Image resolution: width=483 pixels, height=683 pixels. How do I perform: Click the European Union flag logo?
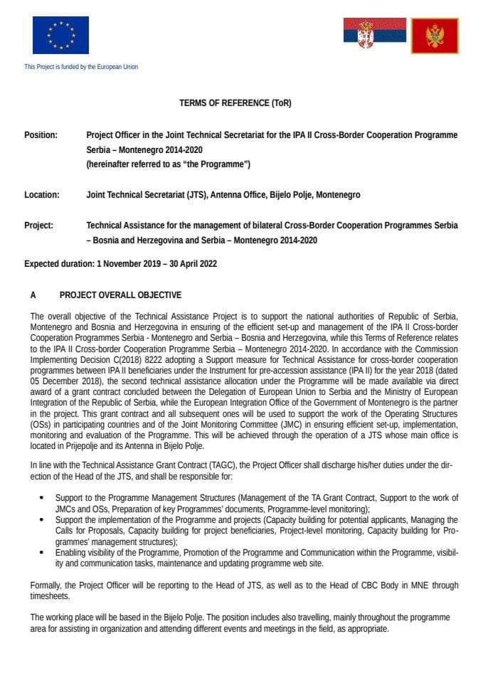[x=60, y=35]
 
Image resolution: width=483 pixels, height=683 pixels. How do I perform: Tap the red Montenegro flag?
[x=435, y=36]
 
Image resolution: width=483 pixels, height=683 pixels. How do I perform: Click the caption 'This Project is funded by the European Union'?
[x=81, y=67]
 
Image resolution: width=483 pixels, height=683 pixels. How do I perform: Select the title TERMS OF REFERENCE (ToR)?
[x=235, y=103]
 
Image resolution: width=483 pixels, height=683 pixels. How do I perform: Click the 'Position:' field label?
[x=41, y=134]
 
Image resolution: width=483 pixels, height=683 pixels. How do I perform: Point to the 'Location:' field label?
[x=41, y=195]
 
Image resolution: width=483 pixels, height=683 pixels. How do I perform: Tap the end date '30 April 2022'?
[x=191, y=263]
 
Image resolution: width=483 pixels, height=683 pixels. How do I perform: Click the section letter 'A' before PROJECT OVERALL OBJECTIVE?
[x=33, y=295]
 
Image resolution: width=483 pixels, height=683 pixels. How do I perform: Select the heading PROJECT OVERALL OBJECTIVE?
[x=120, y=295]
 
